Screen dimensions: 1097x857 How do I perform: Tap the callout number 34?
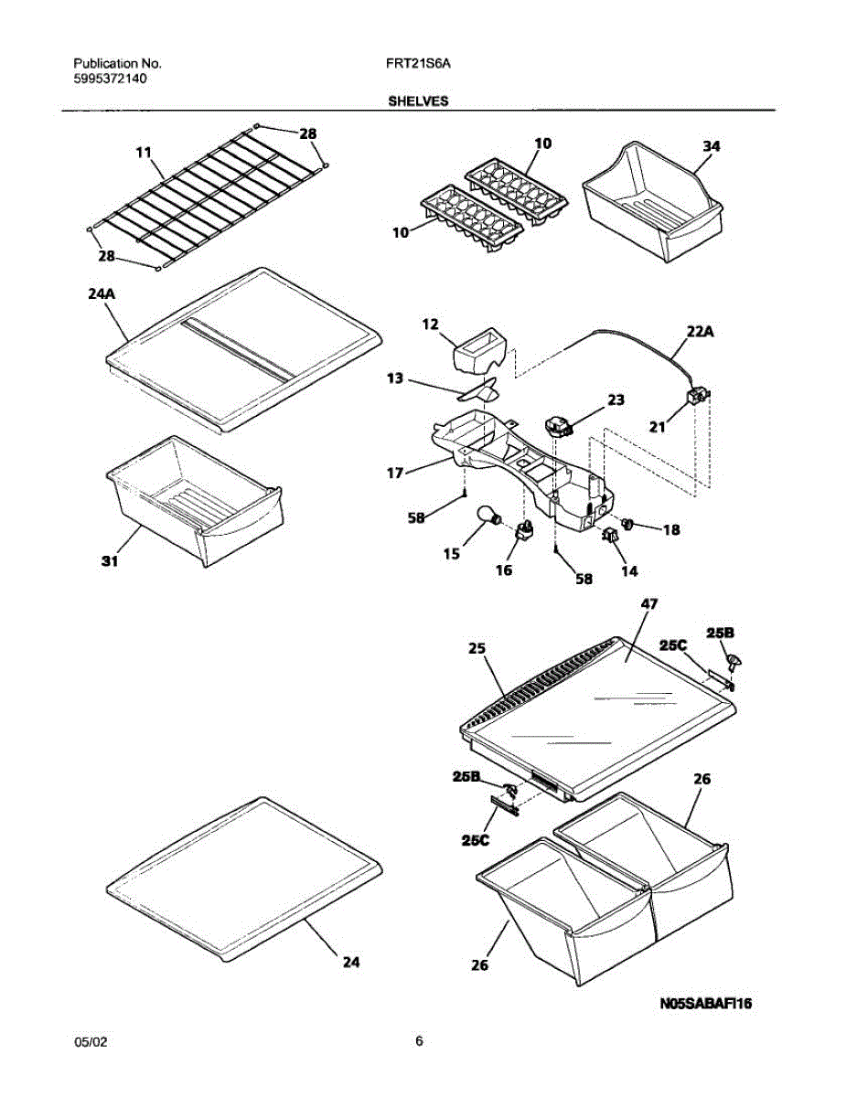coord(712,145)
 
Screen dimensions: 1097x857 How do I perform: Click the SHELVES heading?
coord(418,102)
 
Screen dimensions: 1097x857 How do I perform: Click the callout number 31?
coord(110,561)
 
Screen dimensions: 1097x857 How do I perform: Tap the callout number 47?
coord(650,604)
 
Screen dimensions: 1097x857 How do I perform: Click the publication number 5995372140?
coord(111,80)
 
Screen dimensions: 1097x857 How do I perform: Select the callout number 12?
coord(431,324)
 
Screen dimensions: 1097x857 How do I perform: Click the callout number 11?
coord(143,153)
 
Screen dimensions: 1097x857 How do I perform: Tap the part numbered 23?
coord(556,424)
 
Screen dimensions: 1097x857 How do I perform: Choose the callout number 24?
coord(351,962)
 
